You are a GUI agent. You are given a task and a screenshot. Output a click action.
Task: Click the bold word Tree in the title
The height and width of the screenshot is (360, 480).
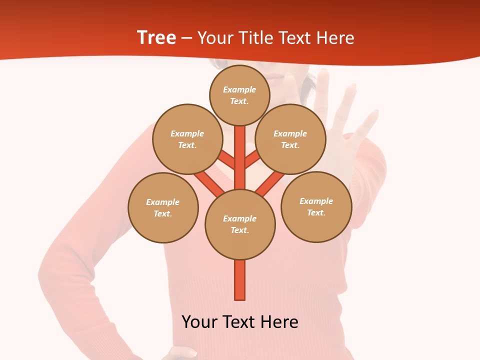pos(156,38)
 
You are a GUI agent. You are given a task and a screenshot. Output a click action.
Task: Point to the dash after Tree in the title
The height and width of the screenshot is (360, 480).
pos(187,38)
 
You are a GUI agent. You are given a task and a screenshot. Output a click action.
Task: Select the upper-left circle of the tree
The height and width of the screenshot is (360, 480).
pos(187,139)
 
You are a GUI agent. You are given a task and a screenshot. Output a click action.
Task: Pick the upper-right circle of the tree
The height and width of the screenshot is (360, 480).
pos(290,139)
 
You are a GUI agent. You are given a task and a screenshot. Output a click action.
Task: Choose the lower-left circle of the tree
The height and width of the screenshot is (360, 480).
pos(163,207)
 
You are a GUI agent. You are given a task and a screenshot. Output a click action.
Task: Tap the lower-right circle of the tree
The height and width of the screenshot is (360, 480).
pos(316,206)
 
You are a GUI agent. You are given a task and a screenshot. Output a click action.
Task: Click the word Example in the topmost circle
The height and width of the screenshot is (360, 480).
pos(239,89)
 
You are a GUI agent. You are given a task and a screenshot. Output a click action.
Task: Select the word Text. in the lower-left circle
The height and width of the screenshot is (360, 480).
pos(162,213)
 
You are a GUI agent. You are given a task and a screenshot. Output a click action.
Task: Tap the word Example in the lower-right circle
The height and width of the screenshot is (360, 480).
pos(316,201)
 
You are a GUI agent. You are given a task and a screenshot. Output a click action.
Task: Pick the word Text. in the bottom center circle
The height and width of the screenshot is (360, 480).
pos(239,230)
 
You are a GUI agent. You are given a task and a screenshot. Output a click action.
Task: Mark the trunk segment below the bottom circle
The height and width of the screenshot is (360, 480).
pos(240,280)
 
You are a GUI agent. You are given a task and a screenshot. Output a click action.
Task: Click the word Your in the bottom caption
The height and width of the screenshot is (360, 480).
pos(199,322)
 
